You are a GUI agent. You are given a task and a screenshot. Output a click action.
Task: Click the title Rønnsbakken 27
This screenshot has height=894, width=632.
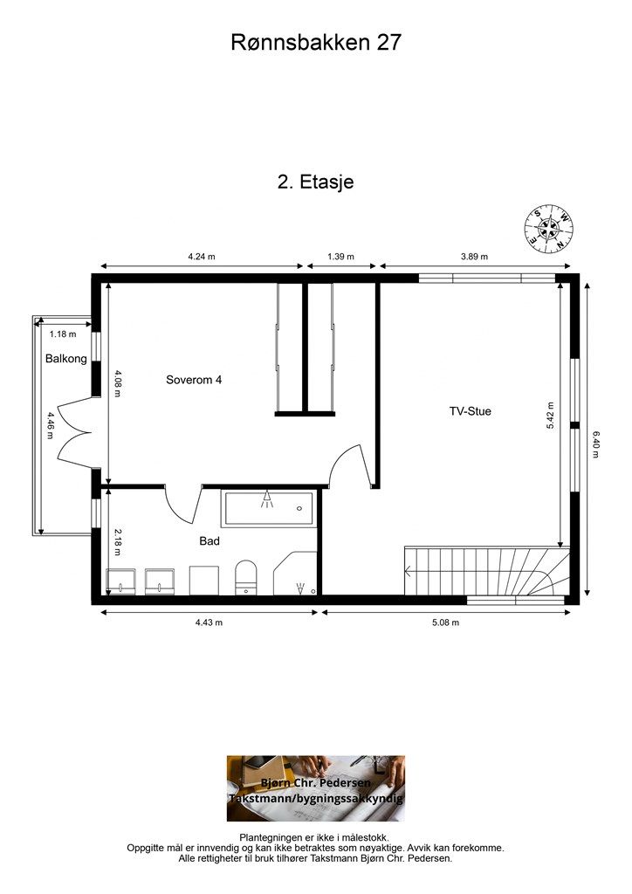point(316,43)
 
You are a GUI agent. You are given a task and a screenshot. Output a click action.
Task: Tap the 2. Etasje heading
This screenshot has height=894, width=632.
point(316,182)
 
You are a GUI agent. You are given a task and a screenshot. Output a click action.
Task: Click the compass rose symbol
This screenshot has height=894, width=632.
point(549,230)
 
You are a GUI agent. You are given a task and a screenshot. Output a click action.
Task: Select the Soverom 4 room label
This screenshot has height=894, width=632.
point(194,380)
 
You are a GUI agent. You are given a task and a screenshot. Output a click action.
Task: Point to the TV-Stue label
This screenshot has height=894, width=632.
point(471,411)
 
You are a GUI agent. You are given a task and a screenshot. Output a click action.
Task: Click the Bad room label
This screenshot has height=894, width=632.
point(210,541)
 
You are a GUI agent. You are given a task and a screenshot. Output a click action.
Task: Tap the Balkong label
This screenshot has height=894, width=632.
point(66,359)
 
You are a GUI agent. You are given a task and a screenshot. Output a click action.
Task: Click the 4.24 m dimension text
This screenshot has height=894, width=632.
point(202,257)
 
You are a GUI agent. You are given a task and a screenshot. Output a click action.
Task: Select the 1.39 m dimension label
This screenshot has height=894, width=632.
point(340,257)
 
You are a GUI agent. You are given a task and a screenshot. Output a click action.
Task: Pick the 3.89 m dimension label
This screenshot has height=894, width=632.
point(474,257)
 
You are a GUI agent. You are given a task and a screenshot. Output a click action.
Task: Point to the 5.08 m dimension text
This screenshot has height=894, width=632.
point(446,622)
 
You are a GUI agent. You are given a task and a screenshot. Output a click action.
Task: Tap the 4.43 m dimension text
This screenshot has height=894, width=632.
point(209,622)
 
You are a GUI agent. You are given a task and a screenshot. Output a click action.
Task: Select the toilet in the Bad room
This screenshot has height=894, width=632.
point(246,578)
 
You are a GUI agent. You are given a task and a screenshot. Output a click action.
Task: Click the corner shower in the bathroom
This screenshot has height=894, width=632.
point(295,574)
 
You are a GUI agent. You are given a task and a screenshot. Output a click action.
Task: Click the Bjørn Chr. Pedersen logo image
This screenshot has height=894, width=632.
point(316,788)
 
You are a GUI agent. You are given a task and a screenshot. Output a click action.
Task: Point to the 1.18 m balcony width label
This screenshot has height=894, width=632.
point(63,334)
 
